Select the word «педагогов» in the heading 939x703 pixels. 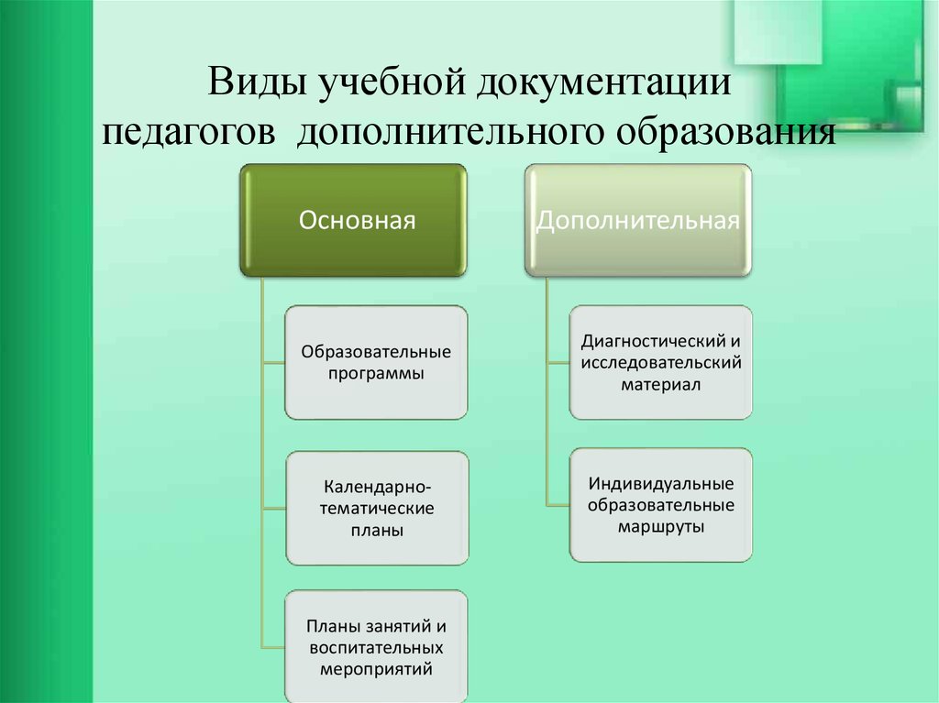point(189,133)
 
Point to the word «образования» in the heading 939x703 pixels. point(726,132)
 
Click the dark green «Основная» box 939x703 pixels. point(353,220)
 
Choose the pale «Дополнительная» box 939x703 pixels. point(638,220)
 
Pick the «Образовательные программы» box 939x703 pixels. point(376,362)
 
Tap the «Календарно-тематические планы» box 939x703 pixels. point(377,508)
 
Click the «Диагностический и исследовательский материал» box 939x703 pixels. point(661,362)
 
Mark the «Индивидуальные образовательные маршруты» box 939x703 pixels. point(661,505)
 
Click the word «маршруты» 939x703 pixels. point(661,528)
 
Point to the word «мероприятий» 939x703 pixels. point(376,669)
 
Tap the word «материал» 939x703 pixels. point(660,384)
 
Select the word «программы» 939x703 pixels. point(376,374)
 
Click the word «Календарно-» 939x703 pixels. point(377,487)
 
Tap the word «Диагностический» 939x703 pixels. point(654,341)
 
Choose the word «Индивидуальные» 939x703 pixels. point(661,483)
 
